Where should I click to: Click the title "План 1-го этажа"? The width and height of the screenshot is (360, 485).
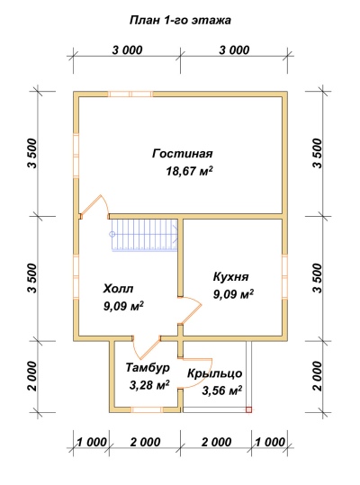pyautogui.click(x=180, y=21)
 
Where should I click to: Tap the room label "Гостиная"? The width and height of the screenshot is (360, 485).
pyautogui.click(x=183, y=154)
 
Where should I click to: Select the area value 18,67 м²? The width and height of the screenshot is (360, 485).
pyautogui.click(x=190, y=170)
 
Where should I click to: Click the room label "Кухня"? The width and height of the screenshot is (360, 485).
pyautogui.click(x=230, y=276)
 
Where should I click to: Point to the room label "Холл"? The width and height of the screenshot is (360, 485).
pyautogui.click(x=118, y=289)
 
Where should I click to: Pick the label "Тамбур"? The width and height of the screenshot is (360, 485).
pyautogui.click(x=148, y=368)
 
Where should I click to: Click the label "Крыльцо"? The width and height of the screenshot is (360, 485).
pyautogui.click(x=214, y=373)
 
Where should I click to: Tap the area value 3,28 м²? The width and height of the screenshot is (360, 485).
pyautogui.click(x=149, y=385)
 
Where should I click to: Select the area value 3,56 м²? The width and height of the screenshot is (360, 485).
pyautogui.click(x=221, y=391)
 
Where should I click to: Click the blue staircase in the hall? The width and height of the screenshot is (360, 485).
pyautogui.click(x=144, y=235)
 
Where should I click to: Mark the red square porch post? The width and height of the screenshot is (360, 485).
pyautogui.click(x=248, y=409)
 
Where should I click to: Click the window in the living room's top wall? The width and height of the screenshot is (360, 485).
pyautogui.click(x=130, y=94)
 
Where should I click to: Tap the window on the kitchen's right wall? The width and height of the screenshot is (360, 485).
pyautogui.click(x=284, y=276)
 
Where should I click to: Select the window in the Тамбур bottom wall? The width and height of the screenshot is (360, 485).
pyautogui.click(x=148, y=409)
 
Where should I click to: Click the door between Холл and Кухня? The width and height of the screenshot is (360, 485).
pyautogui.click(x=190, y=310)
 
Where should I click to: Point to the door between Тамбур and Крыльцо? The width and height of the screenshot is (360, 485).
pyautogui.click(x=196, y=373)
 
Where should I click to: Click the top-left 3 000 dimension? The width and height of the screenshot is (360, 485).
pyautogui.click(x=127, y=50)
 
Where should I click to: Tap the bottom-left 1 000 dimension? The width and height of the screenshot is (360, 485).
pyautogui.click(x=92, y=442)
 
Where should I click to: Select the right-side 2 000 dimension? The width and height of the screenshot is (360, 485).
pyautogui.click(x=318, y=376)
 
